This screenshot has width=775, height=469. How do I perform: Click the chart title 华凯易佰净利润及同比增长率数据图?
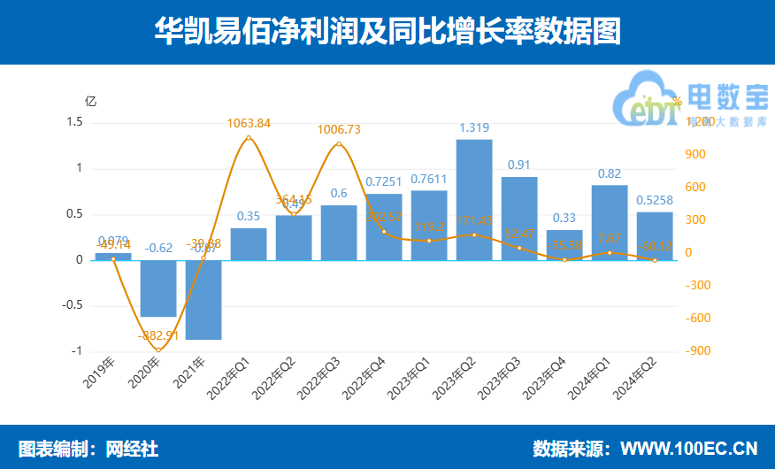[x=387, y=32]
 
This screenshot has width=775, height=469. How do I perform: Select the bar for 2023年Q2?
[x=474, y=200]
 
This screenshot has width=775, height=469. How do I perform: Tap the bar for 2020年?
[x=158, y=288]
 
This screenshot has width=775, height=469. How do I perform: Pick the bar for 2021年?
[x=203, y=300]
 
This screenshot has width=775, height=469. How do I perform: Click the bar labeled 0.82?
[x=610, y=222]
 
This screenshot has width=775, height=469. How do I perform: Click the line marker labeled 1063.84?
[x=249, y=137]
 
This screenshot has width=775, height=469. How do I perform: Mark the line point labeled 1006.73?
[x=339, y=143]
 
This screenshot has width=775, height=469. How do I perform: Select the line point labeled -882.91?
[x=158, y=350]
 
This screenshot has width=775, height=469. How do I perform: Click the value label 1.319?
[x=474, y=128]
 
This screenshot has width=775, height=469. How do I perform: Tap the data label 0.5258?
[x=655, y=201]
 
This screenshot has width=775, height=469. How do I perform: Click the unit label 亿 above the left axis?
[x=89, y=100]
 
